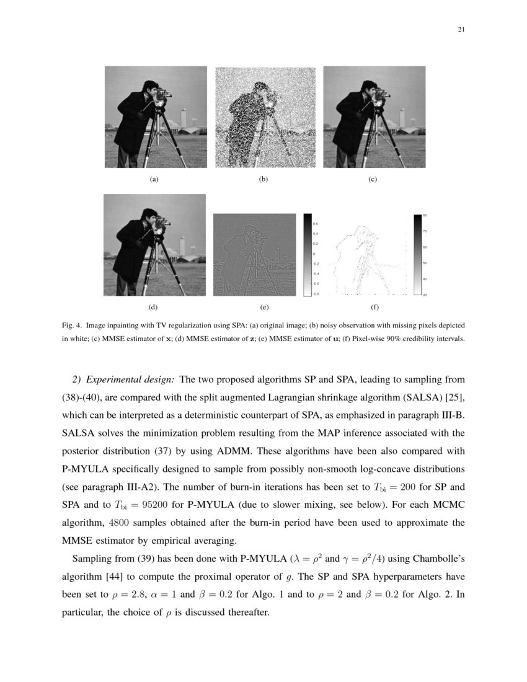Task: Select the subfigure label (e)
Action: [x=263, y=307]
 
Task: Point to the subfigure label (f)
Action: [x=374, y=307]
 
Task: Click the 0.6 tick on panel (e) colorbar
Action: [x=315, y=223]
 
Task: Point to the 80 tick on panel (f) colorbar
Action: [x=425, y=215]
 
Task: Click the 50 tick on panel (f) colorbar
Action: [x=425, y=263]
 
